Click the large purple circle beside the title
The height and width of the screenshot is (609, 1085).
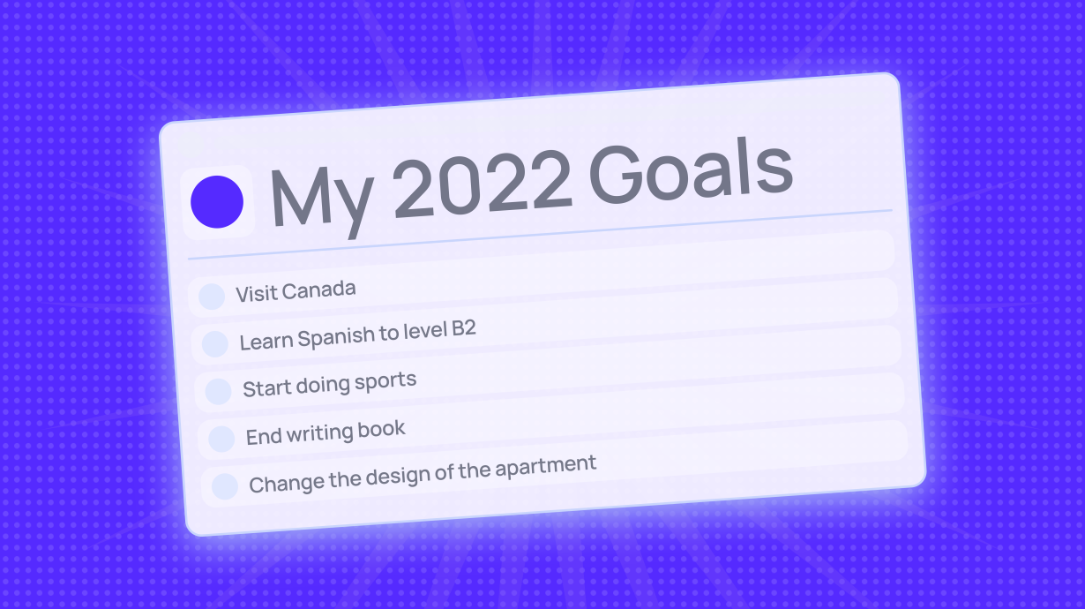tap(217, 202)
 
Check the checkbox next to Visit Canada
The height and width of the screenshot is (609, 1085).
tap(212, 297)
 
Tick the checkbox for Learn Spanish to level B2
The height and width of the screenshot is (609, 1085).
tap(215, 343)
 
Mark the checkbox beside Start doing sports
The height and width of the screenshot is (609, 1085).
tap(218, 391)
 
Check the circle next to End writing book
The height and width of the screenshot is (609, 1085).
tap(221, 439)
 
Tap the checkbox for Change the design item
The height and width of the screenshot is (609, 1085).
tap(225, 486)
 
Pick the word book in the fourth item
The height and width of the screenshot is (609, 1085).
tap(382, 430)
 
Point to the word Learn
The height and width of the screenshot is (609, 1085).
tap(266, 341)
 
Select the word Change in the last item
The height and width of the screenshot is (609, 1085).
tap(278, 482)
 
